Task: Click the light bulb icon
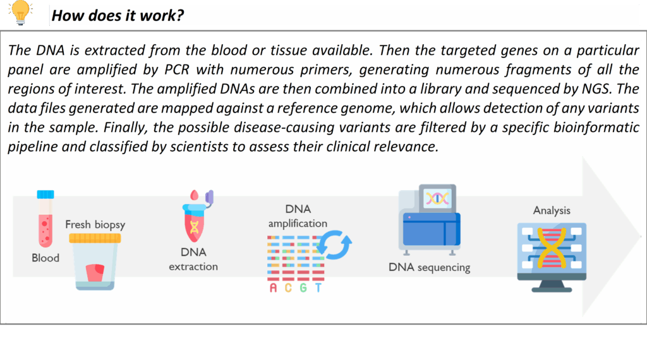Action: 20,13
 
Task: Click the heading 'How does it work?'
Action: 118,16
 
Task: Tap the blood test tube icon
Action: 45,219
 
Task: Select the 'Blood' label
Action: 45,258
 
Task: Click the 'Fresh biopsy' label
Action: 95,225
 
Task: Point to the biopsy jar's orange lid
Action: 95,238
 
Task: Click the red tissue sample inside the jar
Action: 95,273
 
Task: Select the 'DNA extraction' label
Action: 193,260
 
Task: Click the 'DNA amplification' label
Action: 298,216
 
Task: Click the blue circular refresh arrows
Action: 334,245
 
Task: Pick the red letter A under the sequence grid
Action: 273,287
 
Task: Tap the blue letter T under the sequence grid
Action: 318,287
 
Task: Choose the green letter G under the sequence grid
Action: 303,287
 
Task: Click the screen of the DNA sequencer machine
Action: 437,199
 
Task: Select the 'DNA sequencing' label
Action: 429,267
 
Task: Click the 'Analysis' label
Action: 552,210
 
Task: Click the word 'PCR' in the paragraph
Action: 177,69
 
